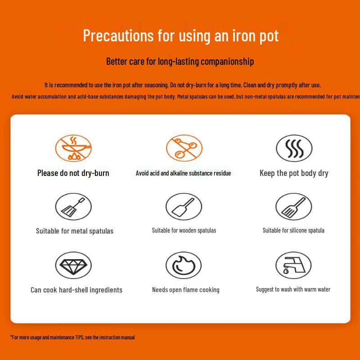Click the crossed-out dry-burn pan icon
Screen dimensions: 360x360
pyautogui.click(x=73, y=148)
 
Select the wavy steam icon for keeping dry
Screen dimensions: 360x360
pyautogui.click(x=294, y=148)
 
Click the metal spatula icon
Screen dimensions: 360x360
pyautogui.click(x=73, y=207)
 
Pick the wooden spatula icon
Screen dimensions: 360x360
pyautogui.click(x=184, y=207)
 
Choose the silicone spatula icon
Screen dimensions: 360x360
pyautogui.click(x=294, y=207)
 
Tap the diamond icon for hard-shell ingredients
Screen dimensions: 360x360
pyautogui.click(x=73, y=265)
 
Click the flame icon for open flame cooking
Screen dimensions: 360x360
pyautogui.click(x=184, y=265)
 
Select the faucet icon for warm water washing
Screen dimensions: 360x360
pyautogui.click(x=294, y=265)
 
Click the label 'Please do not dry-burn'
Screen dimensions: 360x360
pyautogui.click(x=73, y=173)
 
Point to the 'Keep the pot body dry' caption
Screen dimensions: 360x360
pyautogui.click(x=294, y=173)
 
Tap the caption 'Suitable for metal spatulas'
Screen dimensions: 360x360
pyautogui.click(x=75, y=231)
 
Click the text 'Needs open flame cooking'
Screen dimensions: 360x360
pyautogui.click(x=185, y=290)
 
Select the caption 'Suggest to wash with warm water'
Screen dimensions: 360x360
pyautogui.click(x=293, y=289)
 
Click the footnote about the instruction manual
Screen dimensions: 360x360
pyautogui.click(x=73, y=337)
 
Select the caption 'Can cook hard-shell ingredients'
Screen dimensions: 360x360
pyautogui.click(x=76, y=290)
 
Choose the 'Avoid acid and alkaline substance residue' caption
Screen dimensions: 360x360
pyautogui.click(x=183, y=173)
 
